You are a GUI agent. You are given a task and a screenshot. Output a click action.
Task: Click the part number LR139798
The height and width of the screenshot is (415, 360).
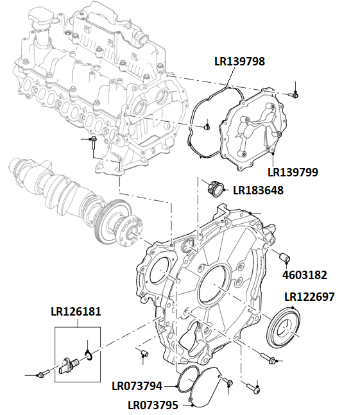click(239, 62)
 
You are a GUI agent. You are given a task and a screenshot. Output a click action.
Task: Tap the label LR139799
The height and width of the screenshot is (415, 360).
click(293, 172)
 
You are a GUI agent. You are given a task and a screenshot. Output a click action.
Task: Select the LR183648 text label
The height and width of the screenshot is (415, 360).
click(258, 191)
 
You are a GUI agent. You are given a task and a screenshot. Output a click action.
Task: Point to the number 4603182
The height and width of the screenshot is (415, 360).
click(305, 275)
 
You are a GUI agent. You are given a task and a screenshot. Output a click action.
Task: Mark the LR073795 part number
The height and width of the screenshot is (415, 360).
click(153, 405)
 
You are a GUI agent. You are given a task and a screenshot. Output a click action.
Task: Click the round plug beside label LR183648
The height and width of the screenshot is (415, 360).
click(216, 189)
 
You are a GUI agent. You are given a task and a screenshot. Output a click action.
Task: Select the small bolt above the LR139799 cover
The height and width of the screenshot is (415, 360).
click(295, 94)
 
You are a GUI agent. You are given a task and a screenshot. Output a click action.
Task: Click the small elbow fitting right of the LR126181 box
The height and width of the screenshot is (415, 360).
click(144, 352)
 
